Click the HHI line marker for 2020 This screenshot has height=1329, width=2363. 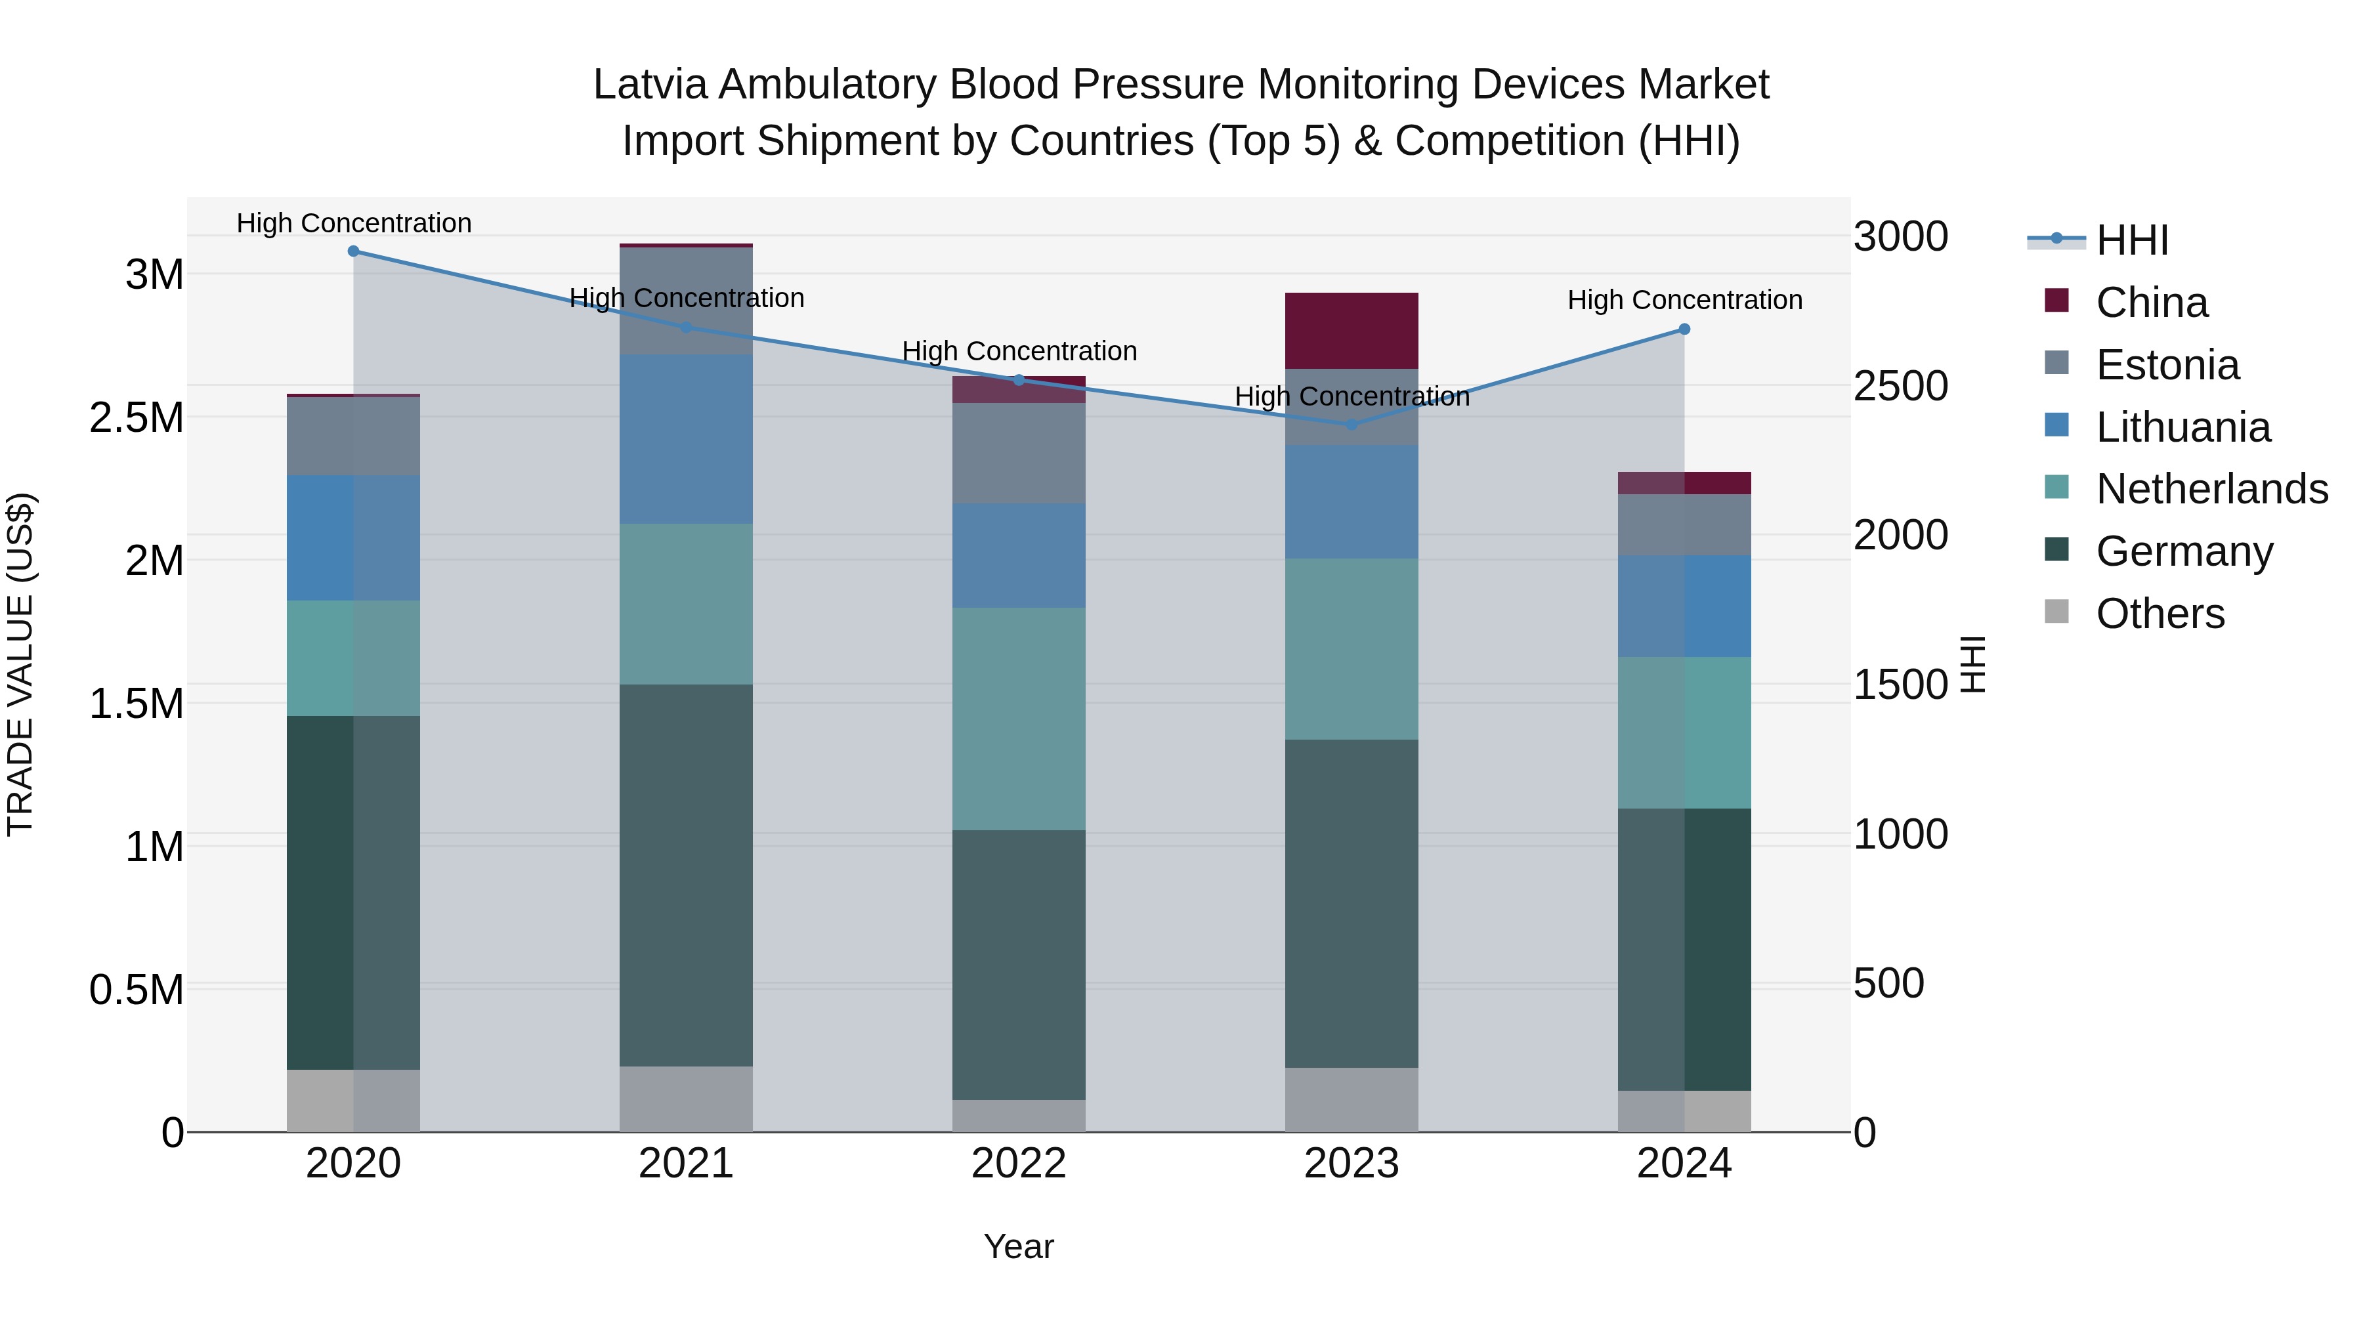(353, 251)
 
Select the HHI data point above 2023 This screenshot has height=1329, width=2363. (1352, 425)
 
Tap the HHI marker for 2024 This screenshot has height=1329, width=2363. (1684, 329)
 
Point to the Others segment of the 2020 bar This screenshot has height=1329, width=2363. (353, 1100)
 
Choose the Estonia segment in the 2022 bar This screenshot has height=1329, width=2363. (1018, 452)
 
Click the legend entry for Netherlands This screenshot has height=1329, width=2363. (2211, 489)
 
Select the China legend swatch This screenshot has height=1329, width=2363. (2056, 301)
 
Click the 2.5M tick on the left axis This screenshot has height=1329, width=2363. (137, 418)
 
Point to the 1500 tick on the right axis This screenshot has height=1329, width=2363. (1900, 685)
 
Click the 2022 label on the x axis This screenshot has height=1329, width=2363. (1018, 1164)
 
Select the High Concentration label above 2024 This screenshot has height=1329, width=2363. (1684, 300)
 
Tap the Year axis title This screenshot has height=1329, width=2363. (1018, 1246)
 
